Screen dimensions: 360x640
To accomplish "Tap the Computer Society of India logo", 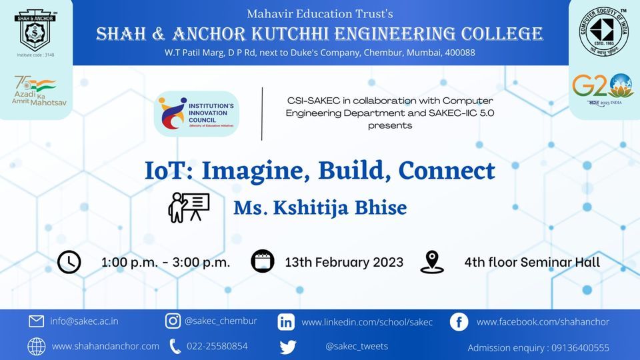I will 604,32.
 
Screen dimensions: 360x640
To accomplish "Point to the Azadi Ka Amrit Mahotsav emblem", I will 35,92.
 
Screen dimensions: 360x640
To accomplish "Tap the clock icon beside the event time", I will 69,262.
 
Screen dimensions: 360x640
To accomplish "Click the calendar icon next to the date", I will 262,262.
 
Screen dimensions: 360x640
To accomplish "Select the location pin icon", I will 432,262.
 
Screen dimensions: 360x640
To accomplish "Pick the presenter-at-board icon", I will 189,207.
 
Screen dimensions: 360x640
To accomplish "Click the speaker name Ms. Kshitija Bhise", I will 320,207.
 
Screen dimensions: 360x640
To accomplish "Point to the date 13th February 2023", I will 344,262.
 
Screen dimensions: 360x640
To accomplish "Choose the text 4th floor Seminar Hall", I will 532,262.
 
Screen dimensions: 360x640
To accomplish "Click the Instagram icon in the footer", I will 173,321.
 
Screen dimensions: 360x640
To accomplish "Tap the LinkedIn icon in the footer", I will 286,322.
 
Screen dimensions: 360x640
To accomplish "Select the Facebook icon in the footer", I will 459,322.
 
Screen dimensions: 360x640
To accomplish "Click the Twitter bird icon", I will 288,347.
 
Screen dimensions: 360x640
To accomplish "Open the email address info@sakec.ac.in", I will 84,321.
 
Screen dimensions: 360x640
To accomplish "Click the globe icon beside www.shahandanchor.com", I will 36,347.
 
